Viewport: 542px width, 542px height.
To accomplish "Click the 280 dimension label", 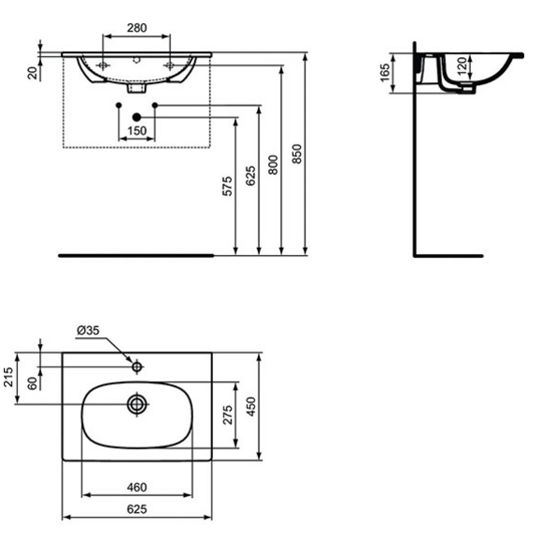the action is click(x=136, y=28).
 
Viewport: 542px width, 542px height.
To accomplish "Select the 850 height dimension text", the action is click(x=297, y=154).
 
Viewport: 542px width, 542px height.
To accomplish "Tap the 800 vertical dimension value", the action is click(x=273, y=164).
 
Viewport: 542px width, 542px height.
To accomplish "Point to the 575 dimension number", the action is click(x=227, y=186).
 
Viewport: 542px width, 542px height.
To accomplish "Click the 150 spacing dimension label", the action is click(x=136, y=131).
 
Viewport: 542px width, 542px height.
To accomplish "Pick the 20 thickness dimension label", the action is click(x=33, y=73).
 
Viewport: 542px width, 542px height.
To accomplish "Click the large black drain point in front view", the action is click(x=136, y=117).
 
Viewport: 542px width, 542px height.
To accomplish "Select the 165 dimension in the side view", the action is click(x=385, y=73).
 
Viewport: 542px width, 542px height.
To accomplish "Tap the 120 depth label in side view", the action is click(x=462, y=66).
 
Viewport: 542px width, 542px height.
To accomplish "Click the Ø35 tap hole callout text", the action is click(x=88, y=331).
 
